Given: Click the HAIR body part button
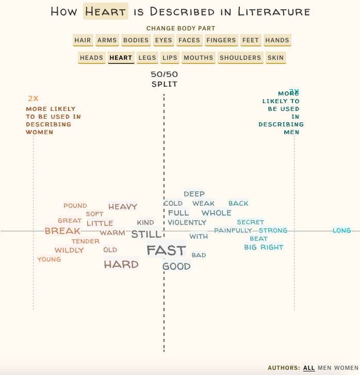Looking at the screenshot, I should [83, 40].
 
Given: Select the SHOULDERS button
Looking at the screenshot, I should [240, 58].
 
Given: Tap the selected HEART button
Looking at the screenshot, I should [121, 58].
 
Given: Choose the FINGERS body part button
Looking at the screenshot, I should [221, 40].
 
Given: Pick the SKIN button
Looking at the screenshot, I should [275, 58].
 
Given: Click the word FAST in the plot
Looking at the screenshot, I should [166, 250].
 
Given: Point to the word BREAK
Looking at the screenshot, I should [62, 231].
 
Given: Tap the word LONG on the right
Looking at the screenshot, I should [341, 231].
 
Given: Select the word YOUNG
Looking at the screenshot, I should [49, 259].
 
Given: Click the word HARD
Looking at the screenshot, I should [121, 265].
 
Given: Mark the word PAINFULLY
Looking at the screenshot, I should [233, 231].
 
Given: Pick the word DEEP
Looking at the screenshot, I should [194, 194].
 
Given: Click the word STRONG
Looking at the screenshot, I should [273, 231].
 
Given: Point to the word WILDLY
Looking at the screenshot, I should [69, 250].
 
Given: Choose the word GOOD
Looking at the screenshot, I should [176, 267].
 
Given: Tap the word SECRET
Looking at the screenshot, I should [251, 222].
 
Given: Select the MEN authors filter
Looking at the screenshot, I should [324, 368].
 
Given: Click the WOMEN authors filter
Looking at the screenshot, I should [346, 368].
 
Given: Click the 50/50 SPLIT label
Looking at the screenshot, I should [164, 79].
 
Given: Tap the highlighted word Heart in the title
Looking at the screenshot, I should [106, 11].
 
